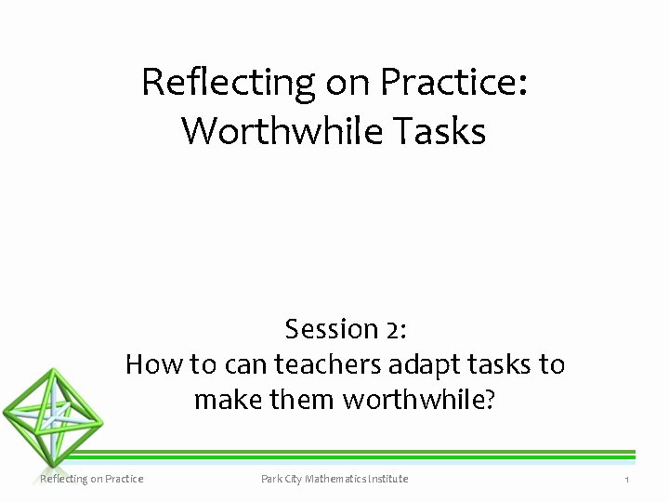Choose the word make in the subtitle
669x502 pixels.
coord(220,400)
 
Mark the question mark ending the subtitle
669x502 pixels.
coord(490,400)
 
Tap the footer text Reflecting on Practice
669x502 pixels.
coord(91,479)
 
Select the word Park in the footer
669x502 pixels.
coord(272,479)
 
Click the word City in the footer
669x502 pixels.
coord(297,479)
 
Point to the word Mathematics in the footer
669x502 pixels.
coord(342,479)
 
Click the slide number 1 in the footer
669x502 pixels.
coord(627,479)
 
